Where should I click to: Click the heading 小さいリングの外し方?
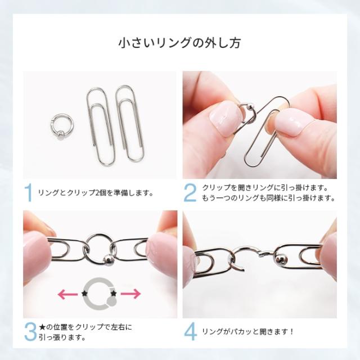coord(180,43)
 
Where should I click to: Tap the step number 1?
coord(28,192)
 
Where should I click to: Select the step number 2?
coord(190,192)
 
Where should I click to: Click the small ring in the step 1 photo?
coord(60,127)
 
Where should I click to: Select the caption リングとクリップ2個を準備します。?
coord(95,193)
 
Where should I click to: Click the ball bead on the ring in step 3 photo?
coord(107,260)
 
